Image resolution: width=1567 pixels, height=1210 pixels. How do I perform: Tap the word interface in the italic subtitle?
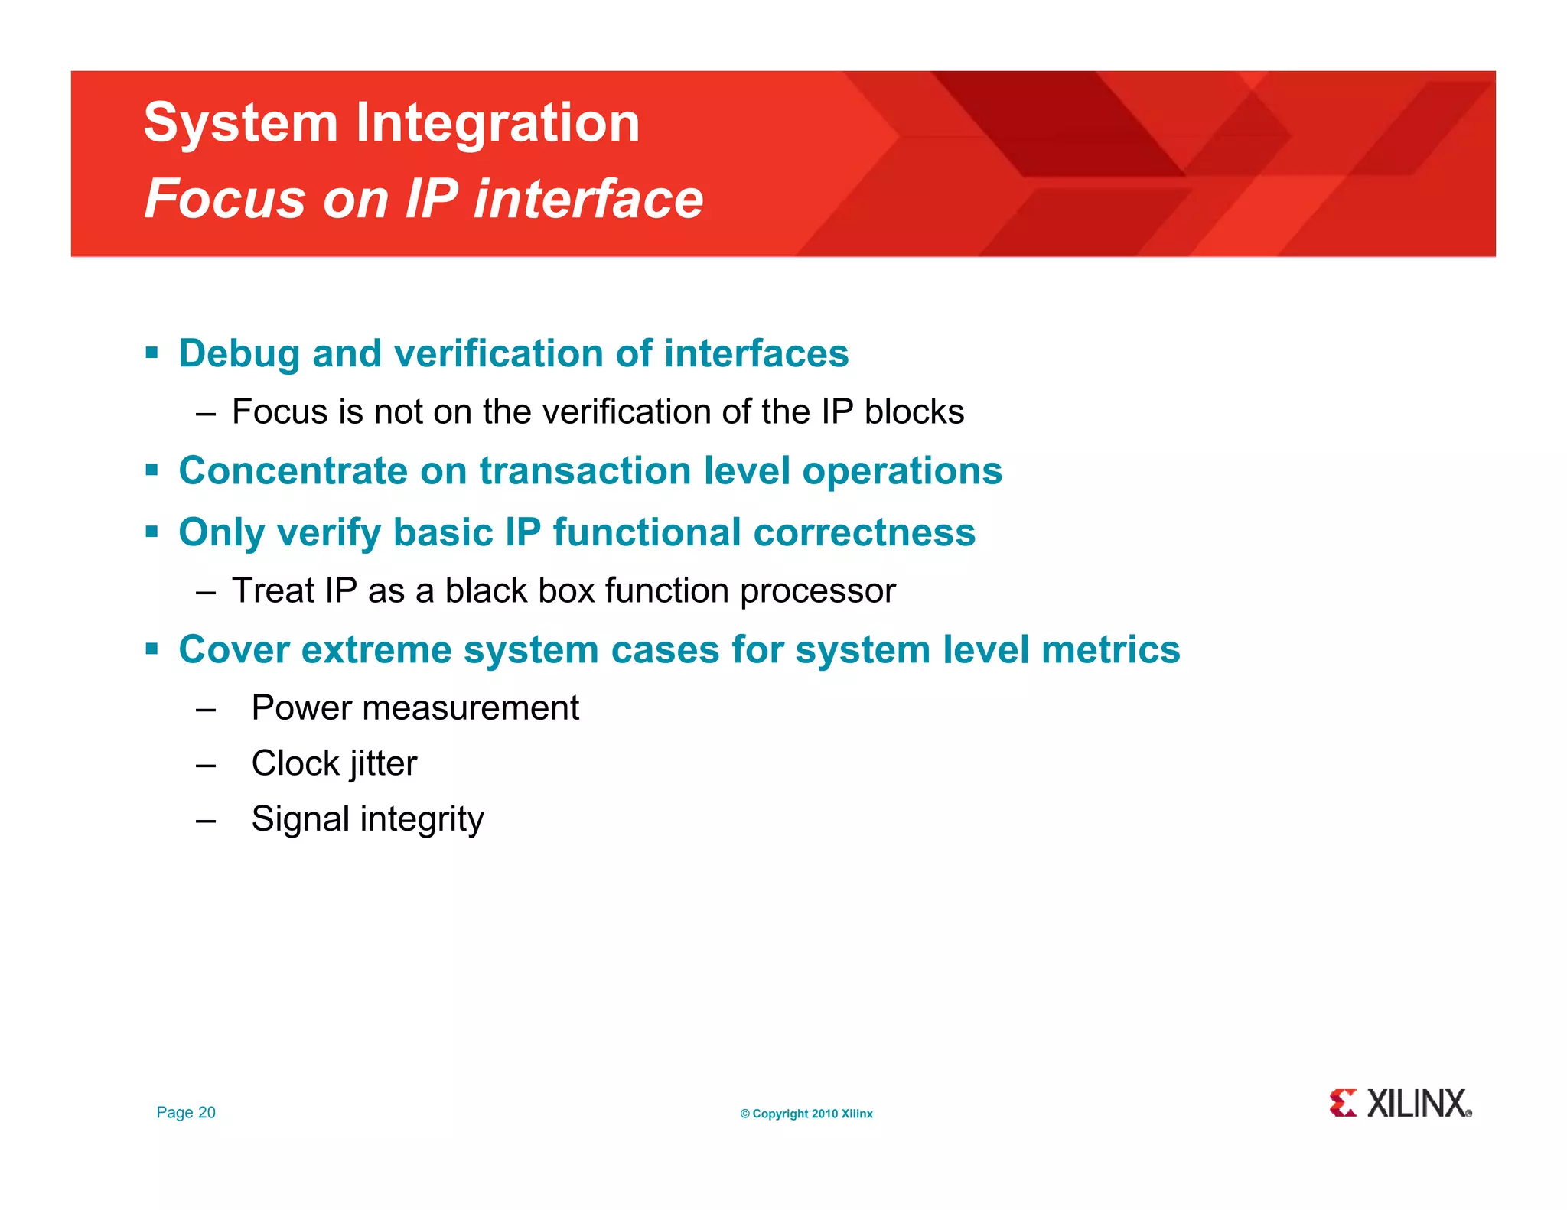(588, 199)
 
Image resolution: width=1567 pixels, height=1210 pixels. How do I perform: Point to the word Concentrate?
(293, 471)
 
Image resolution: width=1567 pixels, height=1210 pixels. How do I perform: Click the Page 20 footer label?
(186, 1113)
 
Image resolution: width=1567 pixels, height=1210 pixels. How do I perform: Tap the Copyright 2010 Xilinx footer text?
(806, 1114)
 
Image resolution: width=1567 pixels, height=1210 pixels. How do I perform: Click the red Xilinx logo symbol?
(1342, 1104)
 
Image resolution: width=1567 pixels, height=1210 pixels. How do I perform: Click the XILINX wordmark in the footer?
(1418, 1104)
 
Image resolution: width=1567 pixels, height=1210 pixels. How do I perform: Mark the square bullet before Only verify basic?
(151, 531)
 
